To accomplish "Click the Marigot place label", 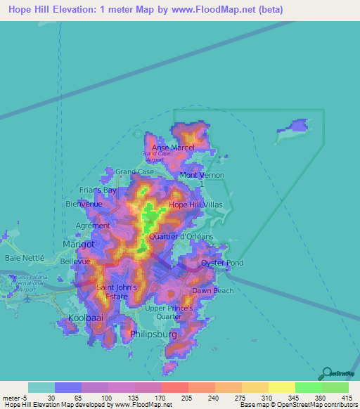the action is click(x=79, y=244).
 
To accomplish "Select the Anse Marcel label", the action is click(x=173, y=148).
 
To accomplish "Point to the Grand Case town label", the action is click(x=134, y=171).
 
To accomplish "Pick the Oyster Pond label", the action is click(x=222, y=264).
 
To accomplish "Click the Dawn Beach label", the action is click(x=213, y=291).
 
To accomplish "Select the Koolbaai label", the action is click(x=85, y=318).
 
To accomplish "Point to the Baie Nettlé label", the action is click(x=25, y=258).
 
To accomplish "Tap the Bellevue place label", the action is click(x=76, y=261).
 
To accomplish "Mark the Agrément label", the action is click(x=92, y=226).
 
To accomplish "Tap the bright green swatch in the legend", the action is click(x=309, y=387).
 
